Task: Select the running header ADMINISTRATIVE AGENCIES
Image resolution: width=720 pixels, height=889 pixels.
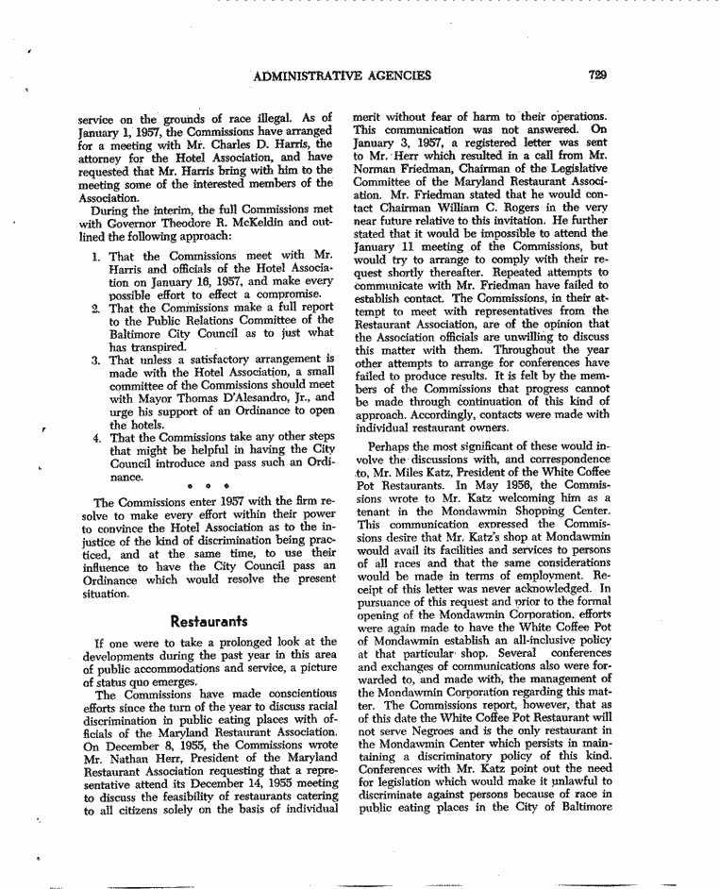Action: [343, 75]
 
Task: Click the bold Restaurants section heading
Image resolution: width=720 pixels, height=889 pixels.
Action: [209, 622]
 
